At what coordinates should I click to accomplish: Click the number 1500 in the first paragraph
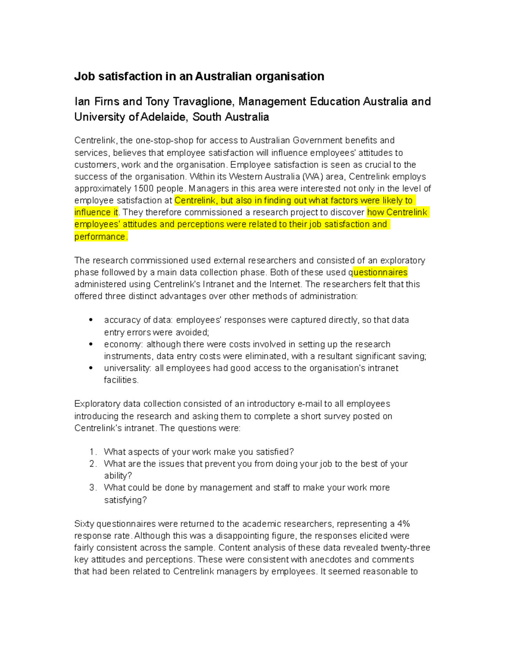click(143, 188)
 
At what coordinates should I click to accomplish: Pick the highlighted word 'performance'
click(100, 237)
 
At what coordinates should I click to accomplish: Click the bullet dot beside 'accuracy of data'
click(91, 320)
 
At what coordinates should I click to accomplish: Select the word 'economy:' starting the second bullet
click(124, 344)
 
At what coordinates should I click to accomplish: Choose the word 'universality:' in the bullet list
click(128, 368)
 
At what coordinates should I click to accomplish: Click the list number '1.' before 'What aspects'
click(93, 452)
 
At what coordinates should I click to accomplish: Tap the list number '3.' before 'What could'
click(93, 488)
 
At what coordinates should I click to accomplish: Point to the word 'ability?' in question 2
click(118, 476)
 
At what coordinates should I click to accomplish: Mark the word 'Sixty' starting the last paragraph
click(84, 524)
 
